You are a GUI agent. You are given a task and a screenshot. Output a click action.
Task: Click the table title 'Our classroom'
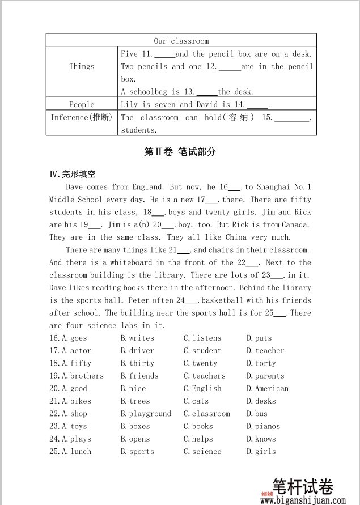[x=181, y=41]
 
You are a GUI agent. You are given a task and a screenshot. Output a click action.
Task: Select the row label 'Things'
[x=82, y=66]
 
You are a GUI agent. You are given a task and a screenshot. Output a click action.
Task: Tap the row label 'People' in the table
[x=82, y=104]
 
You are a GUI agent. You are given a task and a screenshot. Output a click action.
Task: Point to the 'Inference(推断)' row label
[x=82, y=117]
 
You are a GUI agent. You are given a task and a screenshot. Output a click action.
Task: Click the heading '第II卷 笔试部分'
[x=180, y=152]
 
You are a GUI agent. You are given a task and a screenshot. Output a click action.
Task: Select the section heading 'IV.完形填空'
[x=73, y=174]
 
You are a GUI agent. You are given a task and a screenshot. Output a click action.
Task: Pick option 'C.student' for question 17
[x=202, y=351]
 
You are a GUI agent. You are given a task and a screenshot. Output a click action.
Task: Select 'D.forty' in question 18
[x=261, y=363]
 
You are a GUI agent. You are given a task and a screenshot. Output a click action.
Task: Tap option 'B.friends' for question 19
[x=139, y=376]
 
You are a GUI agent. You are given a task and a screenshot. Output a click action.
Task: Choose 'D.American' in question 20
[x=268, y=389]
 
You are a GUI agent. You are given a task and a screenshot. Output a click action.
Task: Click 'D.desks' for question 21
[x=261, y=401]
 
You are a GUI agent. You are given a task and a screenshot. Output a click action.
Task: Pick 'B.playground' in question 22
[x=146, y=414]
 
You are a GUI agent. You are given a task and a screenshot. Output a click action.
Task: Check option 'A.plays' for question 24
[x=76, y=439]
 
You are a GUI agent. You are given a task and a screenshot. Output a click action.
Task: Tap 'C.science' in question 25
[x=202, y=452]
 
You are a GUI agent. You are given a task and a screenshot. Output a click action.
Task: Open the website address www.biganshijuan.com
[x=303, y=500]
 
